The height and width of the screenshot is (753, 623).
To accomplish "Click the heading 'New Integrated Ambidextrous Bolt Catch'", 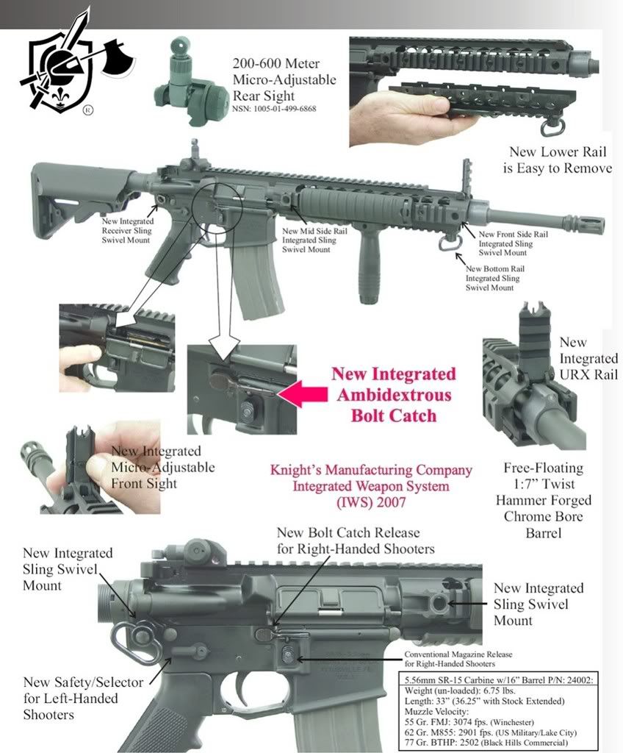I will [x=393, y=394].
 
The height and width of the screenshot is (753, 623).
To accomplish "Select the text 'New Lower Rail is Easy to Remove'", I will [x=561, y=160].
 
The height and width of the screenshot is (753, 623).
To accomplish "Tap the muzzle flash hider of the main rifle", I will [x=584, y=225].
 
